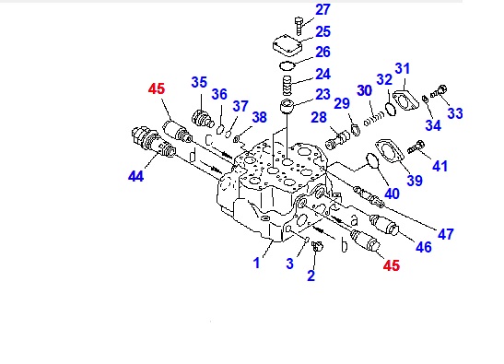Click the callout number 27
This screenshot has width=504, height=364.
(x=322, y=9)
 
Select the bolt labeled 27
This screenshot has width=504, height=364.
(x=299, y=26)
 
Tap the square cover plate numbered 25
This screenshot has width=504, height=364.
(x=287, y=46)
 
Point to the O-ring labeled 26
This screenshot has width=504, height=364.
(x=287, y=66)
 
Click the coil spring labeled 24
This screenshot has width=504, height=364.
(x=287, y=86)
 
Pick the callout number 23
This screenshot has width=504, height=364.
(x=322, y=95)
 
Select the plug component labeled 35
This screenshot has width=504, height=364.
(x=203, y=118)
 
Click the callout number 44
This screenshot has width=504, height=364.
(x=135, y=176)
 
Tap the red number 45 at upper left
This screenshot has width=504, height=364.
(x=157, y=88)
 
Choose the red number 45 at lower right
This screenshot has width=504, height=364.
(x=392, y=266)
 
